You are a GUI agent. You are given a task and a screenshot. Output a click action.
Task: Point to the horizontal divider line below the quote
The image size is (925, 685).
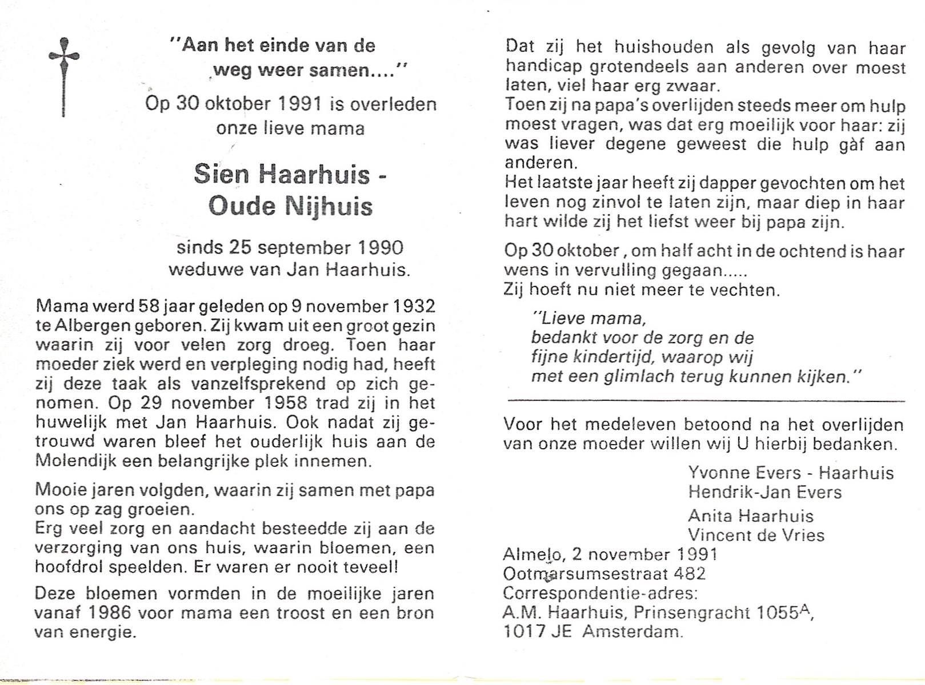click(x=706, y=401)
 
